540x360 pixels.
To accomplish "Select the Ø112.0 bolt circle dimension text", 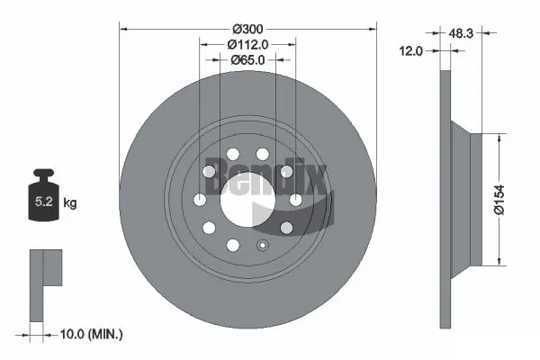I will [247, 41].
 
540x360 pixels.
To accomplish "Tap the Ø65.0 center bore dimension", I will [247, 61].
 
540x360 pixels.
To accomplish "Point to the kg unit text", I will [70, 203].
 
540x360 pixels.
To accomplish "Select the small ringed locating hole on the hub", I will [262, 244].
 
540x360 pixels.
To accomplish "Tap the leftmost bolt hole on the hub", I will [200, 200].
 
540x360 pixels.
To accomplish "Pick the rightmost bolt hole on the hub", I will [294, 200].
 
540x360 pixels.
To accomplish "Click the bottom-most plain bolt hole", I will [232, 245].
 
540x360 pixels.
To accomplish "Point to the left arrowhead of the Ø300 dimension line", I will [124, 29].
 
